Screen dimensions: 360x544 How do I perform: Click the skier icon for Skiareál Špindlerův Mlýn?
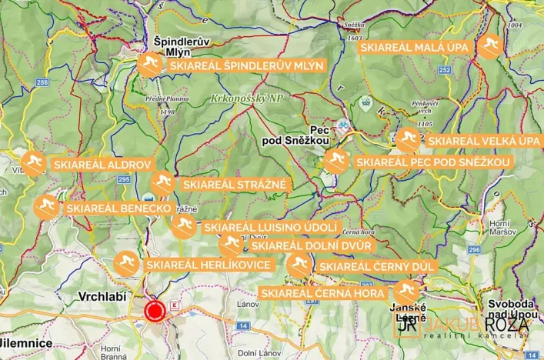point(150,65)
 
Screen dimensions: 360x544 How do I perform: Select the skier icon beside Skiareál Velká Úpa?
point(409,140)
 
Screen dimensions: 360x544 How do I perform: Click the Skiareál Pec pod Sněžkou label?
point(432,162)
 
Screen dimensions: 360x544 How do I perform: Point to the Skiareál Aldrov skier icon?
point(32,164)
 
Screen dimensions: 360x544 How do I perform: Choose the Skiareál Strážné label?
point(234,184)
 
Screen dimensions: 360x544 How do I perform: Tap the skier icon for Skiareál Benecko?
point(46,207)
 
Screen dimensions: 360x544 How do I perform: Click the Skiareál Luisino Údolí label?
point(270,227)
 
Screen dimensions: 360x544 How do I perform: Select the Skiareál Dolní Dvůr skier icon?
point(230,245)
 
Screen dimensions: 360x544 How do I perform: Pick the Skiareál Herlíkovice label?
point(208,265)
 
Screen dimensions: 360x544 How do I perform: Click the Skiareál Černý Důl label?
point(377,266)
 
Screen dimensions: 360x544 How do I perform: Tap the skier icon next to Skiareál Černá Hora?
point(405,292)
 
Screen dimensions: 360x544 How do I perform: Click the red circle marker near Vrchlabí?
point(155,311)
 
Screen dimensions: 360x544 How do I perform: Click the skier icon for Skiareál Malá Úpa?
point(489,48)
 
